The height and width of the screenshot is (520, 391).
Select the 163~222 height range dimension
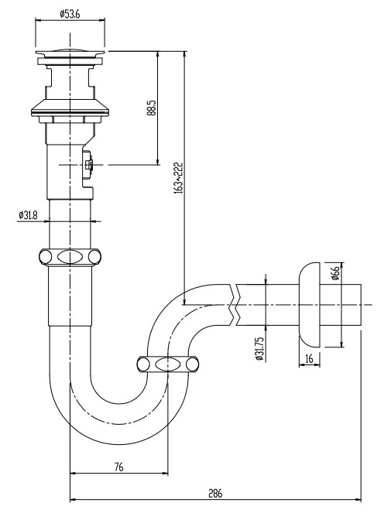178,179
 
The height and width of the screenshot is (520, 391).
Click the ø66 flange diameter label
335,274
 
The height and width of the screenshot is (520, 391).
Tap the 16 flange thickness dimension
310,359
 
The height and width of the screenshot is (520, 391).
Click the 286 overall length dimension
215,492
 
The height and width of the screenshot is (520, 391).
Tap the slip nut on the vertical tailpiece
70,257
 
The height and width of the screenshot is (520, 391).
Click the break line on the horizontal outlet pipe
235,305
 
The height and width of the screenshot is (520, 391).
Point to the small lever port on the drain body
88,165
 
